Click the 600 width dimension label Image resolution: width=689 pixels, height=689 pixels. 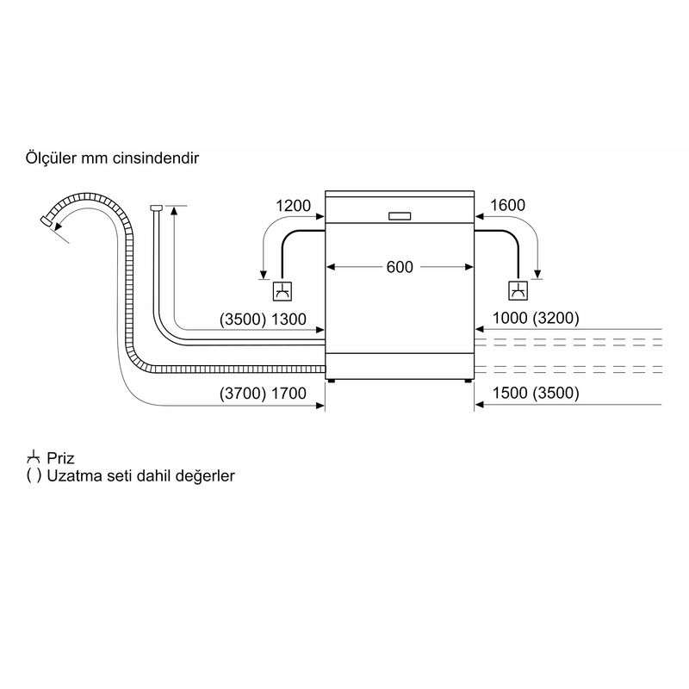coord(400,267)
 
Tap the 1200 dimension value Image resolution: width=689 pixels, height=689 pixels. coord(293,206)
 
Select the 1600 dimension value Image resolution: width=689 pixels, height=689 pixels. coord(507,205)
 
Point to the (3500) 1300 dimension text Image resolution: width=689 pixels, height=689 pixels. coord(263,320)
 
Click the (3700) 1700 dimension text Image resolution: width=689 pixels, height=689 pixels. coord(263,394)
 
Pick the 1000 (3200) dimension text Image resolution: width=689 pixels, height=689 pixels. coord(536,318)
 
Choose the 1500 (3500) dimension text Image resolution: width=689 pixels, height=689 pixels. coord(536,393)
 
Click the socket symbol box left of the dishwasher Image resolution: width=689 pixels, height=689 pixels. coord(282,290)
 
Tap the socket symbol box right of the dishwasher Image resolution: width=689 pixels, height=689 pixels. coord(518,290)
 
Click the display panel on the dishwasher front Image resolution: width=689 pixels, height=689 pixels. coord(400,216)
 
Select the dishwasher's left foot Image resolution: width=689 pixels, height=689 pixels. coord(331,381)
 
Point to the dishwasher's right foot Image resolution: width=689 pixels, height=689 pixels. coord(469,381)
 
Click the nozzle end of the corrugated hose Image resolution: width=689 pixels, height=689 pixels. coord(47,220)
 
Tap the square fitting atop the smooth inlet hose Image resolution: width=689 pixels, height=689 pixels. coord(157,208)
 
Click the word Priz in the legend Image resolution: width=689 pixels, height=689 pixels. coord(60,458)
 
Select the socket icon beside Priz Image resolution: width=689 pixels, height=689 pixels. coord(34,457)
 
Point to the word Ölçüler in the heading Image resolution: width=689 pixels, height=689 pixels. coord(51,158)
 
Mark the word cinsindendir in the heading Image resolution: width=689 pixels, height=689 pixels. coord(156,158)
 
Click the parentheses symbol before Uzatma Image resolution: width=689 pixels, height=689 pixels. coord(34,476)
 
